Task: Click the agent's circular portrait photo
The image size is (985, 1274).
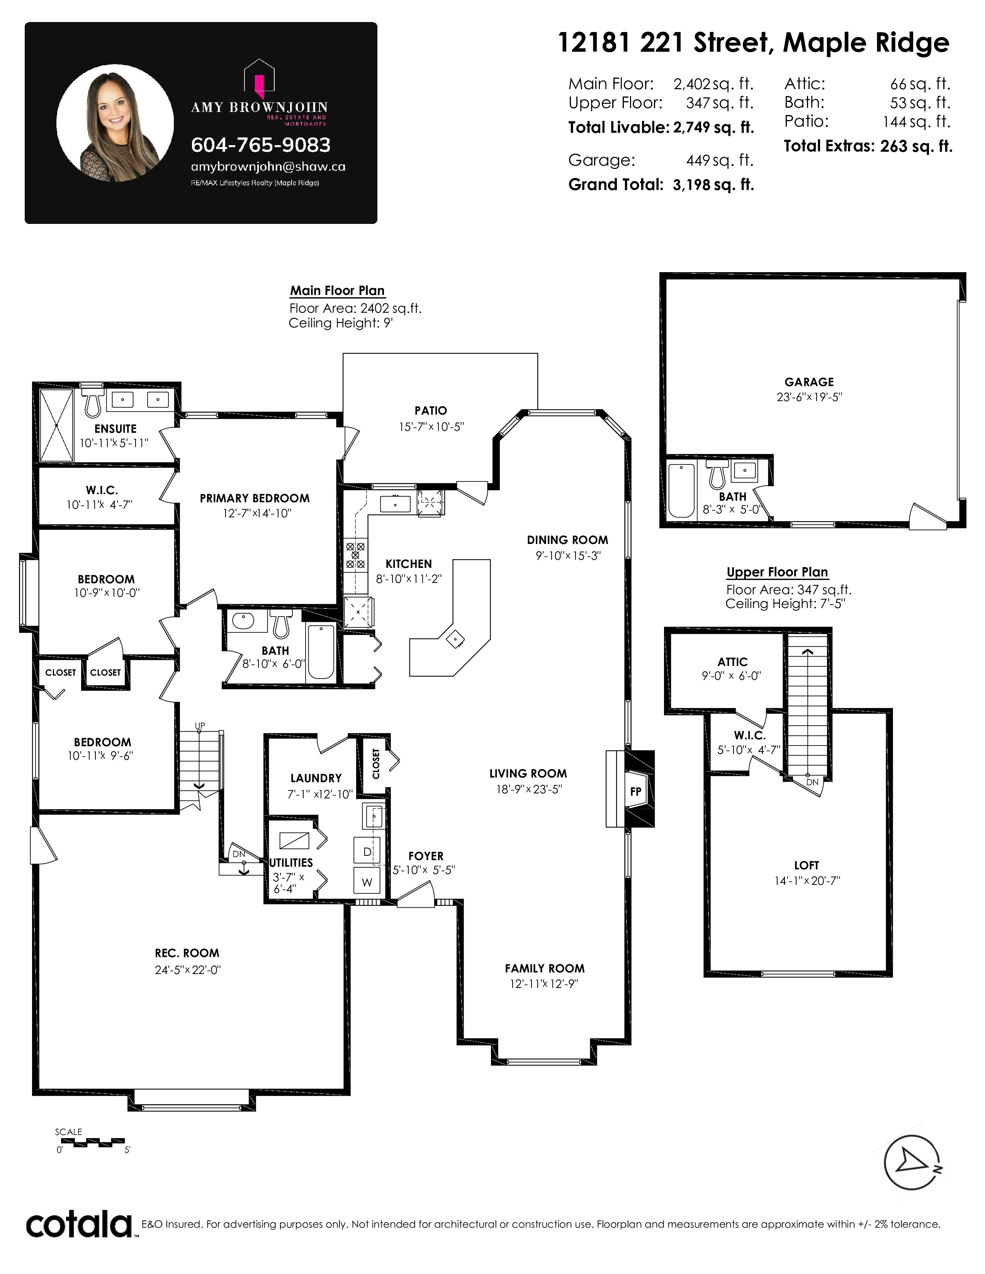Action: [x=115, y=123]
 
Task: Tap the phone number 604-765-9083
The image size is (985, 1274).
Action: [x=261, y=145]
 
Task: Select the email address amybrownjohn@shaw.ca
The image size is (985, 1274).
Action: [x=268, y=167]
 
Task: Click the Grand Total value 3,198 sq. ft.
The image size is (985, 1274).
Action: [x=713, y=185]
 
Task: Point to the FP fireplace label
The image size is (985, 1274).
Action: [x=635, y=791]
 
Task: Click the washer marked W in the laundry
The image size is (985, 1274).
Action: [x=367, y=881]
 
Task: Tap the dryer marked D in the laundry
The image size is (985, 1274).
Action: [x=367, y=851]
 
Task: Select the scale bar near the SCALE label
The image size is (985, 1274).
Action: [x=90, y=1140]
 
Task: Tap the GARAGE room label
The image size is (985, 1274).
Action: [x=809, y=382]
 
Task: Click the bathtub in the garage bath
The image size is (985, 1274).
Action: [x=681, y=491]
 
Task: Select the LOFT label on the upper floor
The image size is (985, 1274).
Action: [x=807, y=866]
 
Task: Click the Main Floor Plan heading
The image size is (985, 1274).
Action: [x=337, y=290]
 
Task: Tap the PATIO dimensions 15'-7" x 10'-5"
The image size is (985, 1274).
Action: [x=431, y=427]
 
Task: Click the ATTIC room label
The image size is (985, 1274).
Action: [x=732, y=662]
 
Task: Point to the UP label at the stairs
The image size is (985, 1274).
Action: [x=200, y=726]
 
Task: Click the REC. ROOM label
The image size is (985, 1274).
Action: [x=187, y=953]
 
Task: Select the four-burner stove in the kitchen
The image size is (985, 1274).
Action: [x=355, y=555]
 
